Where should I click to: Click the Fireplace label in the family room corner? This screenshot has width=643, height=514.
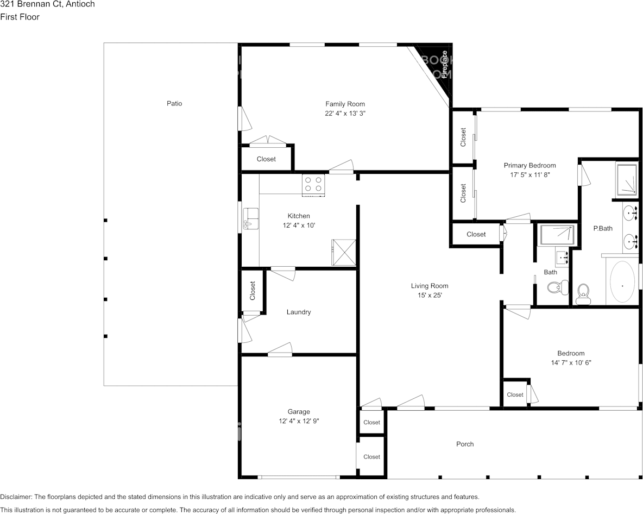(x=445, y=65)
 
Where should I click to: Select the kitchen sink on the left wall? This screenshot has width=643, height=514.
(x=250, y=218)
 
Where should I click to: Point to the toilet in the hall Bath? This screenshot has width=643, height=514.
(x=558, y=287)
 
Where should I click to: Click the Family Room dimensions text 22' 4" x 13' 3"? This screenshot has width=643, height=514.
(x=345, y=113)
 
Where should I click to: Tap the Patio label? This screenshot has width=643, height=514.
(x=174, y=103)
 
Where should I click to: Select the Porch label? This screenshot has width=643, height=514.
(x=465, y=444)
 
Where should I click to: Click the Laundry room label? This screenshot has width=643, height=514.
(x=299, y=312)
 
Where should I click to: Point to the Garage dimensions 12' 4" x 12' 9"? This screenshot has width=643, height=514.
(x=299, y=421)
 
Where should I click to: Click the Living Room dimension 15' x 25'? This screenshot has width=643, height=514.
(x=430, y=295)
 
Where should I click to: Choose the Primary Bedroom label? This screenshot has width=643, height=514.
(x=530, y=165)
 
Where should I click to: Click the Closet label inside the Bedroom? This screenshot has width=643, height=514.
(x=515, y=394)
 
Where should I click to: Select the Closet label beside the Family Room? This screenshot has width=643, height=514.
(x=266, y=159)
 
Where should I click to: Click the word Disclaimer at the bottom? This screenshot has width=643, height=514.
(x=16, y=497)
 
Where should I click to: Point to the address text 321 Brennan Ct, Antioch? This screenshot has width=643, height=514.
(x=48, y=4)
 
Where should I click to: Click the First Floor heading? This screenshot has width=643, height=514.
(x=20, y=17)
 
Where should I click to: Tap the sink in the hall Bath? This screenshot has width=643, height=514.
(x=562, y=257)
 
